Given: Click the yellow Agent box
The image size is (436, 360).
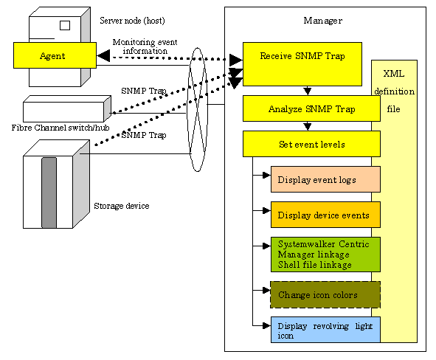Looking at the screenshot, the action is pos(55,55).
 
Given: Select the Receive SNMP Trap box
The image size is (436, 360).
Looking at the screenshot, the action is pos(302,64).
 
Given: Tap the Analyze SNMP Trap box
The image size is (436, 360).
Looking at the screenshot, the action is pos(311,108).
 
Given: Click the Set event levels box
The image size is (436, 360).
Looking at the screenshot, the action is pos(311,144).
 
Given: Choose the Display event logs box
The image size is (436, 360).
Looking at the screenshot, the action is pos(325,179).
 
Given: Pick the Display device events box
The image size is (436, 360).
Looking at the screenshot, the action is pos(325,215).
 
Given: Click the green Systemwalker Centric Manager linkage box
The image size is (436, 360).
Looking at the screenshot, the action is pos(325,255).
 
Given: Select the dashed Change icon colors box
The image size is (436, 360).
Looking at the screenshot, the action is pos(325,294).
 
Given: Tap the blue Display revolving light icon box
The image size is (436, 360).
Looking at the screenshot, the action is pos(325,330).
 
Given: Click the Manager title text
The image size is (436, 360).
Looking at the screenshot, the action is pos(323,21).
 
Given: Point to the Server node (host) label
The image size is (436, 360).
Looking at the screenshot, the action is pos(132,21).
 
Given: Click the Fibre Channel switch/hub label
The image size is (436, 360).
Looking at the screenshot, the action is pos(60,128).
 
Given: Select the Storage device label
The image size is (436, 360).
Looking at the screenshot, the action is pos(122,206).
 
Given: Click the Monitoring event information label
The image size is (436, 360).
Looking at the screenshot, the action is pos(145,46).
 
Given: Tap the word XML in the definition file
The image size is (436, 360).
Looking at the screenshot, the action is pos(394,74).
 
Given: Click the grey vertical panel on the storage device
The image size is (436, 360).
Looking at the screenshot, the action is pos(49,193).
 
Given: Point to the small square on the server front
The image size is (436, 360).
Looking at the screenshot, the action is pos(65,25).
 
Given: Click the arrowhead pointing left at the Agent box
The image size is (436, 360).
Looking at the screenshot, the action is pos(103,55).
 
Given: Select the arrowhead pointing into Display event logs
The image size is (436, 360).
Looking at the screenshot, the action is pos(266,175).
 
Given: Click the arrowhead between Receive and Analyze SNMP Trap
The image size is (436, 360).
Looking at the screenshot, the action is pos(307,91).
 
